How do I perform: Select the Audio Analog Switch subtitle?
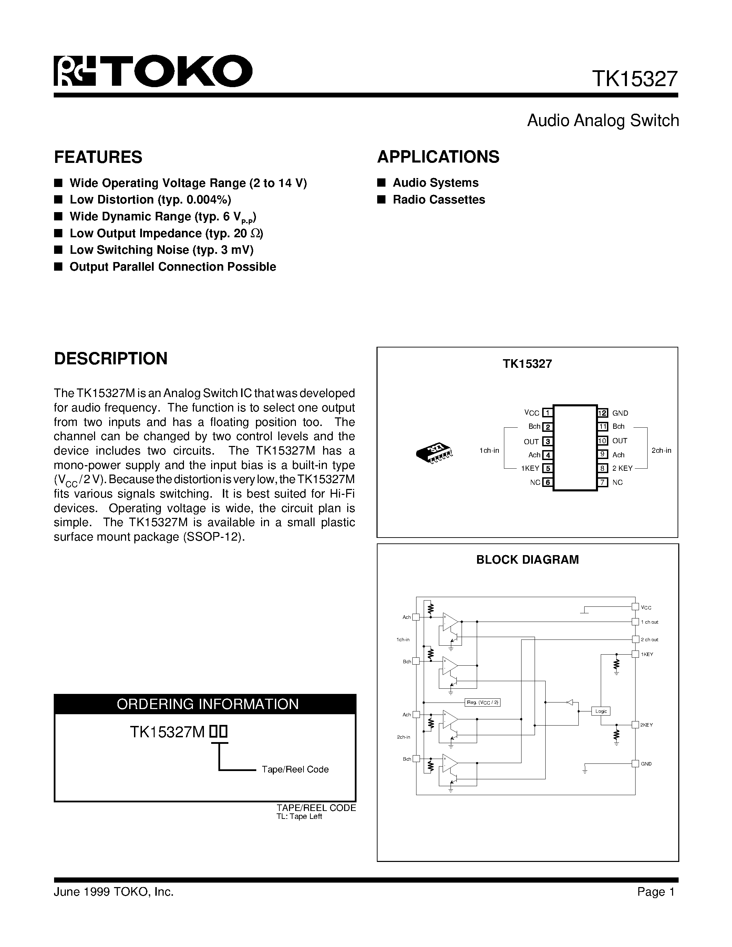click(x=602, y=121)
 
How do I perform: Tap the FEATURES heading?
click(x=98, y=157)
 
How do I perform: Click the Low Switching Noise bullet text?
click(x=161, y=250)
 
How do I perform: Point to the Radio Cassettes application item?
click(x=439, y=199)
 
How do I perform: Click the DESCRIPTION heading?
click(x=111, y=358)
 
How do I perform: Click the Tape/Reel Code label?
click(x=295, y=769)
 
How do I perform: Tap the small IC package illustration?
click(x=434, y=453)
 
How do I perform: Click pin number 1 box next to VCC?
click(x=548, y=413)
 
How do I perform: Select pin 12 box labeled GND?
click(x=602, y=413)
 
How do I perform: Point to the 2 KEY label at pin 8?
click(x=622, y=468)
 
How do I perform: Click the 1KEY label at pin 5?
click(x=530, y=468)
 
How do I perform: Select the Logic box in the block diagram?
click(x=601, y=711)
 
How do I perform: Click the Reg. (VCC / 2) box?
click(x=482, y=702)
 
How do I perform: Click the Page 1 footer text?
click(x=656, y=892)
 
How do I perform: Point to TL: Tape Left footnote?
click(x=299, y=817)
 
